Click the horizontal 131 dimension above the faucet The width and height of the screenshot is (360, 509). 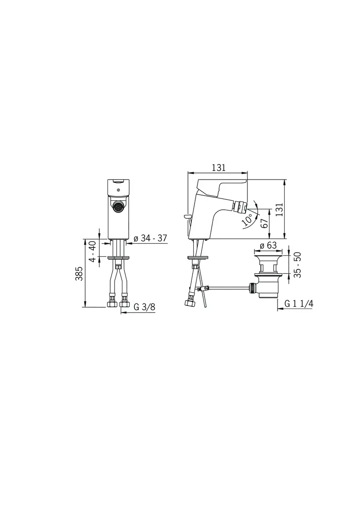[x=219, y=167]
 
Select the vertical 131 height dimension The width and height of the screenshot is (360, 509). [x=279, y=209]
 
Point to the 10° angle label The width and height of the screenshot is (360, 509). [x=248, y=220]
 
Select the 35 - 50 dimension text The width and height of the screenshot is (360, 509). [x=297, y=264]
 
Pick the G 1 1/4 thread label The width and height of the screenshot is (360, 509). [x=299, y=303]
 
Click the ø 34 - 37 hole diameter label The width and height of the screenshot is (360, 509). [x=150, y=238]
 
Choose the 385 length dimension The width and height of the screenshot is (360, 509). [x=79, y=274]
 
